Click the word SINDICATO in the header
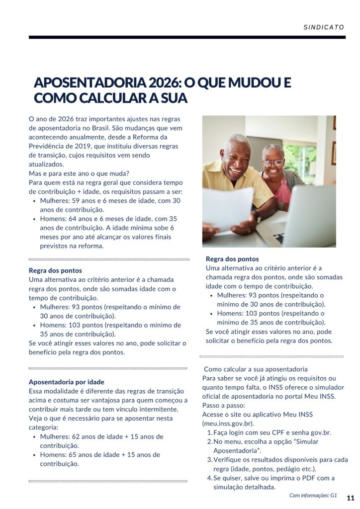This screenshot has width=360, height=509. pos(324,27)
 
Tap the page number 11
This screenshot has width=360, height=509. pos(351,498)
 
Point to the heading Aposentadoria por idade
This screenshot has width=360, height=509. pos(67,382)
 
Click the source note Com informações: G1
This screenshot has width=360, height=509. pos(313,496)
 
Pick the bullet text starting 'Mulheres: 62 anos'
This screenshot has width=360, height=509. pos(101,441)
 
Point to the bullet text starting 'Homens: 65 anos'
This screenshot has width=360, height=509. pos(100,459)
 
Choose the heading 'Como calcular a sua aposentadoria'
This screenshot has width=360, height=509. pos(256,369)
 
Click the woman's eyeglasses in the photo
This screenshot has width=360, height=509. pos(273,163)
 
